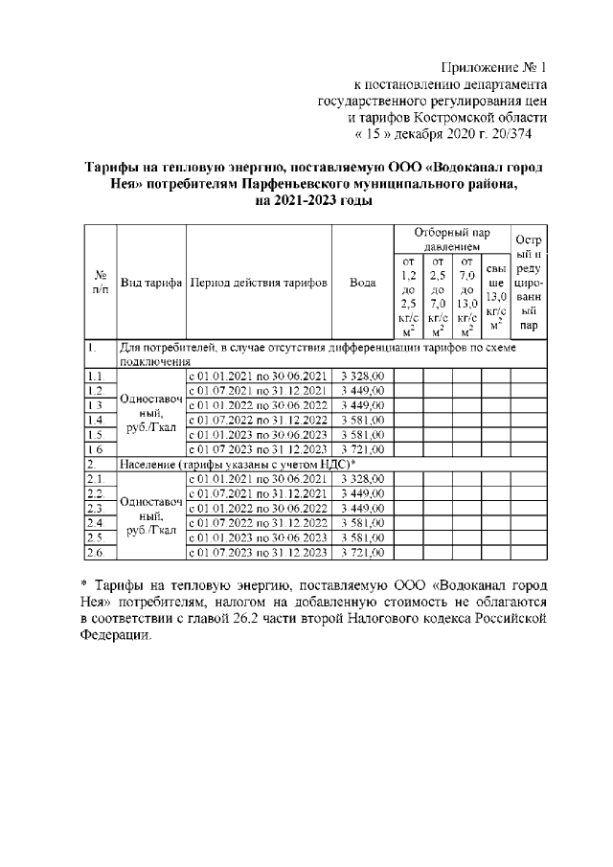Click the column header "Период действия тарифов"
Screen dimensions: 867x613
coord(259,284)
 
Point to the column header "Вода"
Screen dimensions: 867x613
coord(362,284)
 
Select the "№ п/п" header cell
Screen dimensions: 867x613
coord(99,284)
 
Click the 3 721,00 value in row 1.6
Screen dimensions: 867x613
coord(362,448)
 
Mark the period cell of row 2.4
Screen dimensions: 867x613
coord(259,523)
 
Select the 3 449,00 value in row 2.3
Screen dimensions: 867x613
coord(362,508)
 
